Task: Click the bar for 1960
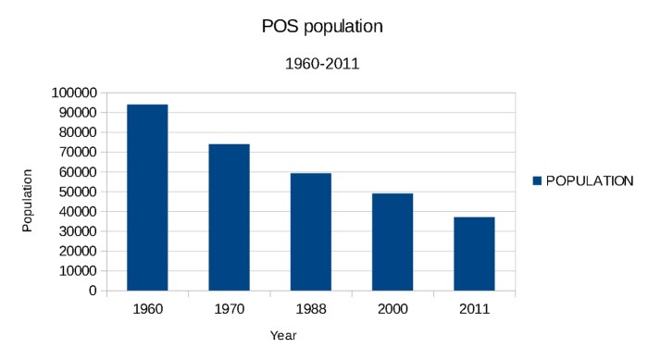147,197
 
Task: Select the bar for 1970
229,217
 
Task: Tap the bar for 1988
310,231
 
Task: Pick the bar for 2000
393,242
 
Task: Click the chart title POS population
322,27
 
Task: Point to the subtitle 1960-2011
321,65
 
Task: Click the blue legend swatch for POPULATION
537,180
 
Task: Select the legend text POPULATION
590,180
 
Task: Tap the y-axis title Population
28,200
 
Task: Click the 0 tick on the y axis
92,291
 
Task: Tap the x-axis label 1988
311,308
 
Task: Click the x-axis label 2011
474,308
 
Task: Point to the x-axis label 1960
147,308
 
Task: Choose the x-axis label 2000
393,308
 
